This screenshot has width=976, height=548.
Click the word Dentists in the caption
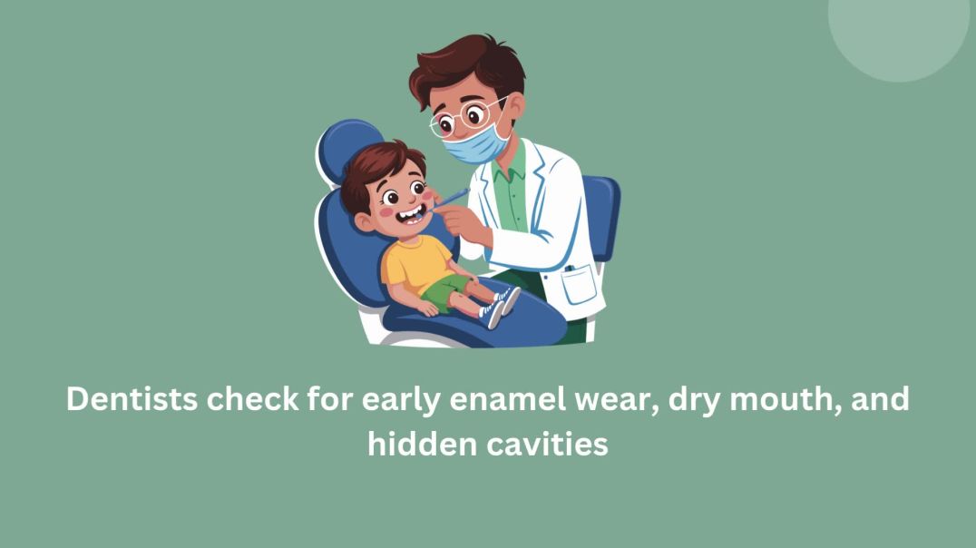(x=131, y=400)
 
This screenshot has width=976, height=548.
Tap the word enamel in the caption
(x=473, y=400)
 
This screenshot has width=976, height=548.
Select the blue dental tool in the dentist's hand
(x=451, y=197)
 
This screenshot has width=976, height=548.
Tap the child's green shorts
(x=444, y=292)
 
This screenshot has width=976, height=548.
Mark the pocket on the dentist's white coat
(x=578, y=285)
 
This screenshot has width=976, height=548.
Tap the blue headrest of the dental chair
(x=345, y=150)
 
